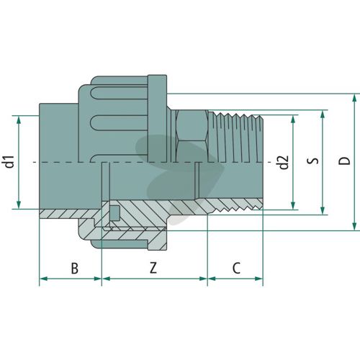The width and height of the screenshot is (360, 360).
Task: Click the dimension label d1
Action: click(x=9, y=161)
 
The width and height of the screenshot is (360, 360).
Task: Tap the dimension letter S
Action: click(x=313, y=161)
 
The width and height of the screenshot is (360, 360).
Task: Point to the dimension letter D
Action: click(x=344, y=161)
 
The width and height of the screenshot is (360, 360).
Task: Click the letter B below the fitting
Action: click(x=75, y=268)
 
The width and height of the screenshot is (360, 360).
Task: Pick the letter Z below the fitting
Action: click(x=153, y=268)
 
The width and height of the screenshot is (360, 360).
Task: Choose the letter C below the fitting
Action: click(x=236, y=268)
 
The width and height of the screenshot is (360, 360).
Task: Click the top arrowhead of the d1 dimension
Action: click(x=19, y=120)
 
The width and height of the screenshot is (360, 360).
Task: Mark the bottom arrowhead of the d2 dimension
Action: click(x=293, y=206)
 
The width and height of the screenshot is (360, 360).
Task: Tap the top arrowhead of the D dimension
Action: click(x=354, y=98)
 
